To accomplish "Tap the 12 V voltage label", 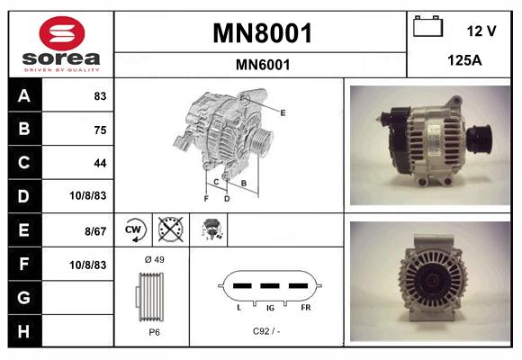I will [x=481, y=31].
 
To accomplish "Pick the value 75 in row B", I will [x=99, y=130].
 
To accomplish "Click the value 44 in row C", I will [x=99, y=163].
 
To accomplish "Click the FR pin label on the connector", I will [x=306, y=308].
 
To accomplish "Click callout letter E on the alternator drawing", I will [x=283, y=112].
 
